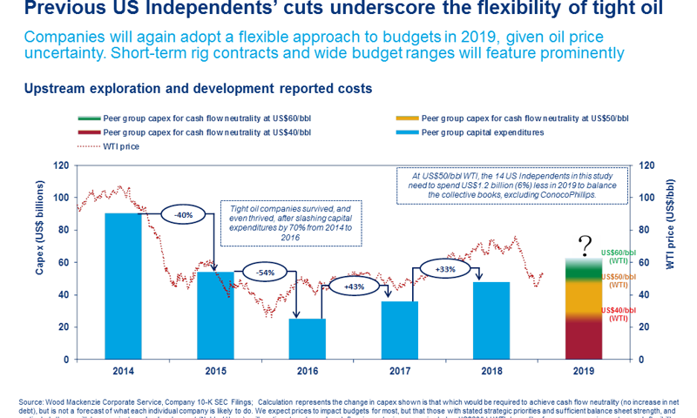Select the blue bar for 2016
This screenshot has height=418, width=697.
pos(308,339)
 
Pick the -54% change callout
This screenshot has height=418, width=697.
pos(266,272)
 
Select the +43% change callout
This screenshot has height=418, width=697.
pos(354,287)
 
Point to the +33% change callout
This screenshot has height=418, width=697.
pos(444,269)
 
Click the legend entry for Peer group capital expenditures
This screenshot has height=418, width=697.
pos(482,131)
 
